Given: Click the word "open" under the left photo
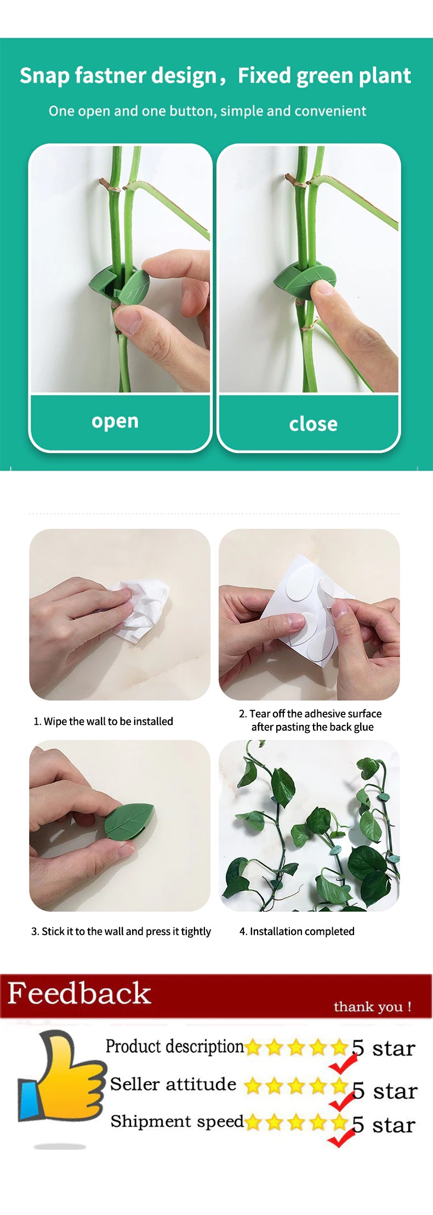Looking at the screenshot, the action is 115,421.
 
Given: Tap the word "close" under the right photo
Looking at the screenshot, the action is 314,423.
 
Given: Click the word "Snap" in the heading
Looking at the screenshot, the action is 44,76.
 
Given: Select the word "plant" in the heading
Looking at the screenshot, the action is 385,76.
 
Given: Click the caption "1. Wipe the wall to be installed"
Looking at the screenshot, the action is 103,721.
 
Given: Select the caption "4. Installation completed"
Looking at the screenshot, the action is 297,931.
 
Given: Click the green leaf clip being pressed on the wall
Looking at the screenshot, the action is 129,821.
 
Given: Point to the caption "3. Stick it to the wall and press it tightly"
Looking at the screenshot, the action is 121,931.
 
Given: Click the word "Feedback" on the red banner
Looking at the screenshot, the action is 79,993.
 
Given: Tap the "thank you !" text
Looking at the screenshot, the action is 373,1006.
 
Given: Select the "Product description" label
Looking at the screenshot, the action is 174,1046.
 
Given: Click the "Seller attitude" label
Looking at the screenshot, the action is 173,1084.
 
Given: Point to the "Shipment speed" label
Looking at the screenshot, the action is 177,1121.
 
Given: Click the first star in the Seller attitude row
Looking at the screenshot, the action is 253,1085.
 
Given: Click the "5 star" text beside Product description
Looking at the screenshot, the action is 384,1048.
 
